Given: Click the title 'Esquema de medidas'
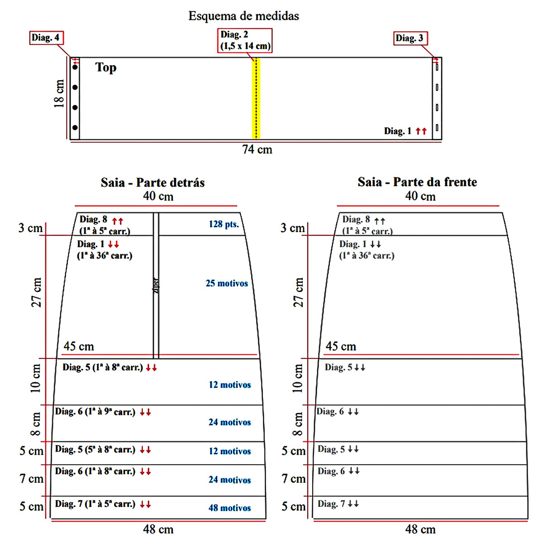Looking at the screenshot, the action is [x=243, y=16].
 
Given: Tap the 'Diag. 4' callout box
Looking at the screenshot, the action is [x=45, y=38].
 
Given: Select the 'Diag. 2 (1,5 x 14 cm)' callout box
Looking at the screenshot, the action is [x=245, y=40].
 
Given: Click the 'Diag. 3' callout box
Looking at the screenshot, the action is [x=410, y=38].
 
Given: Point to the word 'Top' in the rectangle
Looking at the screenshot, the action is [x=106, y=67].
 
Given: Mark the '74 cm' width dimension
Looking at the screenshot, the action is [x=257, y=150].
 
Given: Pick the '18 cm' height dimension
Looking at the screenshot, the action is [x=59, y=94].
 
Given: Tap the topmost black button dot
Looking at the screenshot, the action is [x=75, y=67].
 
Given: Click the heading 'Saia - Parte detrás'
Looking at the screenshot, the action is [x=152, y=183].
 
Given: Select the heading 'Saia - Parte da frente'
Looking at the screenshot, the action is [x=417, y=182].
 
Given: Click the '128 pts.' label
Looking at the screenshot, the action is [x=224, y=224].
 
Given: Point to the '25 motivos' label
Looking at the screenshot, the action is [x=227, y=283].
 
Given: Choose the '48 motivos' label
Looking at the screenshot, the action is [x=229, y=508].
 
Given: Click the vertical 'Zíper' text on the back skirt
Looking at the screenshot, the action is [x=156, y=286].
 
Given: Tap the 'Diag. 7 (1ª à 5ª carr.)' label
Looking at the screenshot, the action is [x=95, y=504].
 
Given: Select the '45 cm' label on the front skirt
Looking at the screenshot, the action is [x=341, y=347].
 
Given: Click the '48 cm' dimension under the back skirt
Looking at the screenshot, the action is [x=158, y=529].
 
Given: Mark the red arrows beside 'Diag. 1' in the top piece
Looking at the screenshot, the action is [x=421, y=131].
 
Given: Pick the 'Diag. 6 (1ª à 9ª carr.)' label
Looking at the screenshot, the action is [x=95, y=412].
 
